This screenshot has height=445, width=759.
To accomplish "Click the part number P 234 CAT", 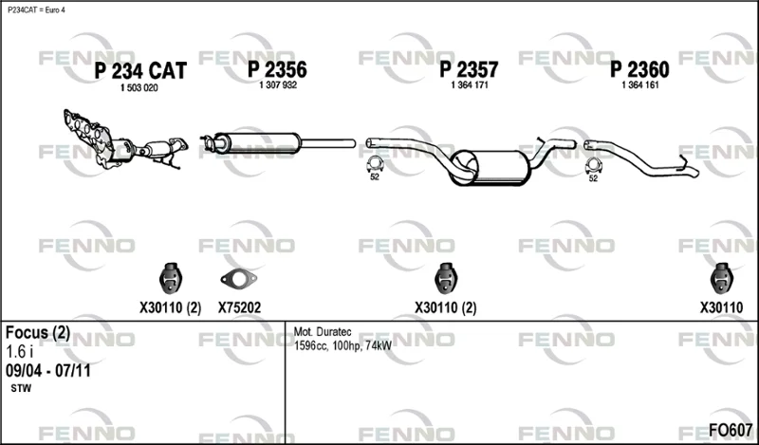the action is pos(139,71).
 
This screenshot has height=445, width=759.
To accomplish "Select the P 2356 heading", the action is pos(277,69).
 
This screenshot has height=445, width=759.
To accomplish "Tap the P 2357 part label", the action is pos(469,69).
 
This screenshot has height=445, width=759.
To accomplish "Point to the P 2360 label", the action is pos(639,69).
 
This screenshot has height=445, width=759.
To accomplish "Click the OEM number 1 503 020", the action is pos(139,88).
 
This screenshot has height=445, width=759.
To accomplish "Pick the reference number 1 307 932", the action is pos(278,85).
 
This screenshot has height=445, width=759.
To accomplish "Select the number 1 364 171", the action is pos(470,85).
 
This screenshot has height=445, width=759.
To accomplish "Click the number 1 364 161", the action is pos(640,85).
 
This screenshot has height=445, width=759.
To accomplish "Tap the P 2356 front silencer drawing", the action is pos(277,143).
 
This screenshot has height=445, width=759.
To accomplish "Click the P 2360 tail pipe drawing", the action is pos(641,158).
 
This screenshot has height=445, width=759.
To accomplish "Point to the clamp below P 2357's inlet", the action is pos(375,165).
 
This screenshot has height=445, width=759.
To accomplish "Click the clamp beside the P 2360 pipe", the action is pos(593,166).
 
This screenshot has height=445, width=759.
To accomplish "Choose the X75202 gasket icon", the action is pos(239,278).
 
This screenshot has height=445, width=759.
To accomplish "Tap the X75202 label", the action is pos(239,307).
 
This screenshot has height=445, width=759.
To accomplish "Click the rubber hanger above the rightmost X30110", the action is pos(721,278).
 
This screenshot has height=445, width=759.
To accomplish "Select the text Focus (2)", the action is pos(38,333).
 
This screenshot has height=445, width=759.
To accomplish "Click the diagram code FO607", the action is pos(731,430).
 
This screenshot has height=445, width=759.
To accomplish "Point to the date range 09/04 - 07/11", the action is pos(48,371).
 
